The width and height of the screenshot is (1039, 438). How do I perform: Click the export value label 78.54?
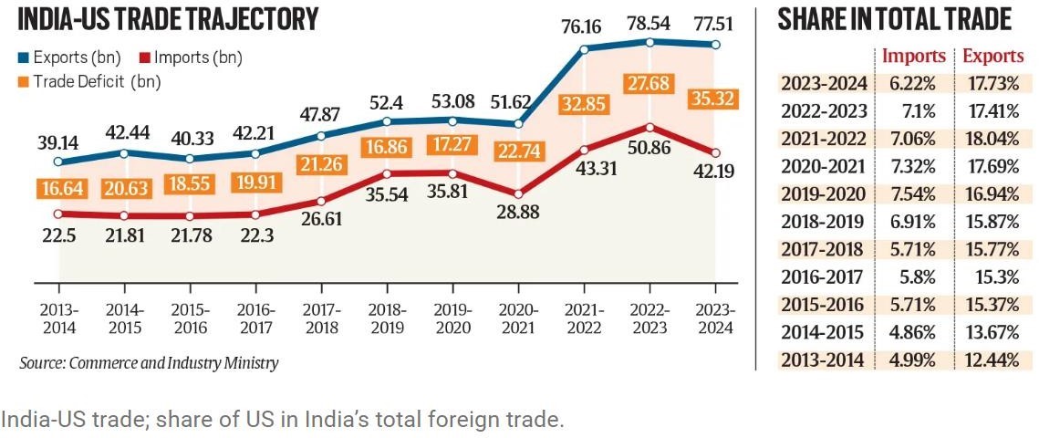(x=649, y=22)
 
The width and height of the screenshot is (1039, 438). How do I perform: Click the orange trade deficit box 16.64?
(x=58, y=188)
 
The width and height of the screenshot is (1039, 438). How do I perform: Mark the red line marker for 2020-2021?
(x=518, y=193)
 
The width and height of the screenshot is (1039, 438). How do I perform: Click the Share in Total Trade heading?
(x=894, y=19)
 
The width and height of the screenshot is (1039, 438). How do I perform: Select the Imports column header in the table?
(x=913, y=57)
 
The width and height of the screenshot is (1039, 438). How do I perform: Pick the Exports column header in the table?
(x=993, y=57)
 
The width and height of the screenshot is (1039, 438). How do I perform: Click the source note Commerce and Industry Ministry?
(x=149, y=363)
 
